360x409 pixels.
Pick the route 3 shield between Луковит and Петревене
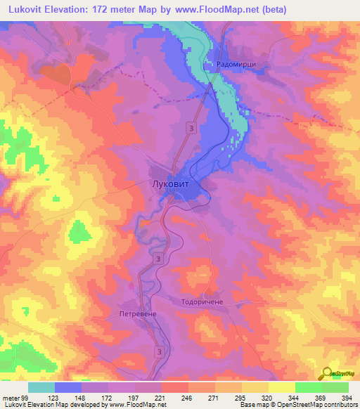coord(159,259)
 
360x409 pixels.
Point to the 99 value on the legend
coord(25,398)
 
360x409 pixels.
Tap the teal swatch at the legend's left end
coord(41,387)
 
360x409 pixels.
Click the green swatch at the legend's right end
coord(335,387)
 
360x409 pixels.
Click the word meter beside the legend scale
coord(11,398)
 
